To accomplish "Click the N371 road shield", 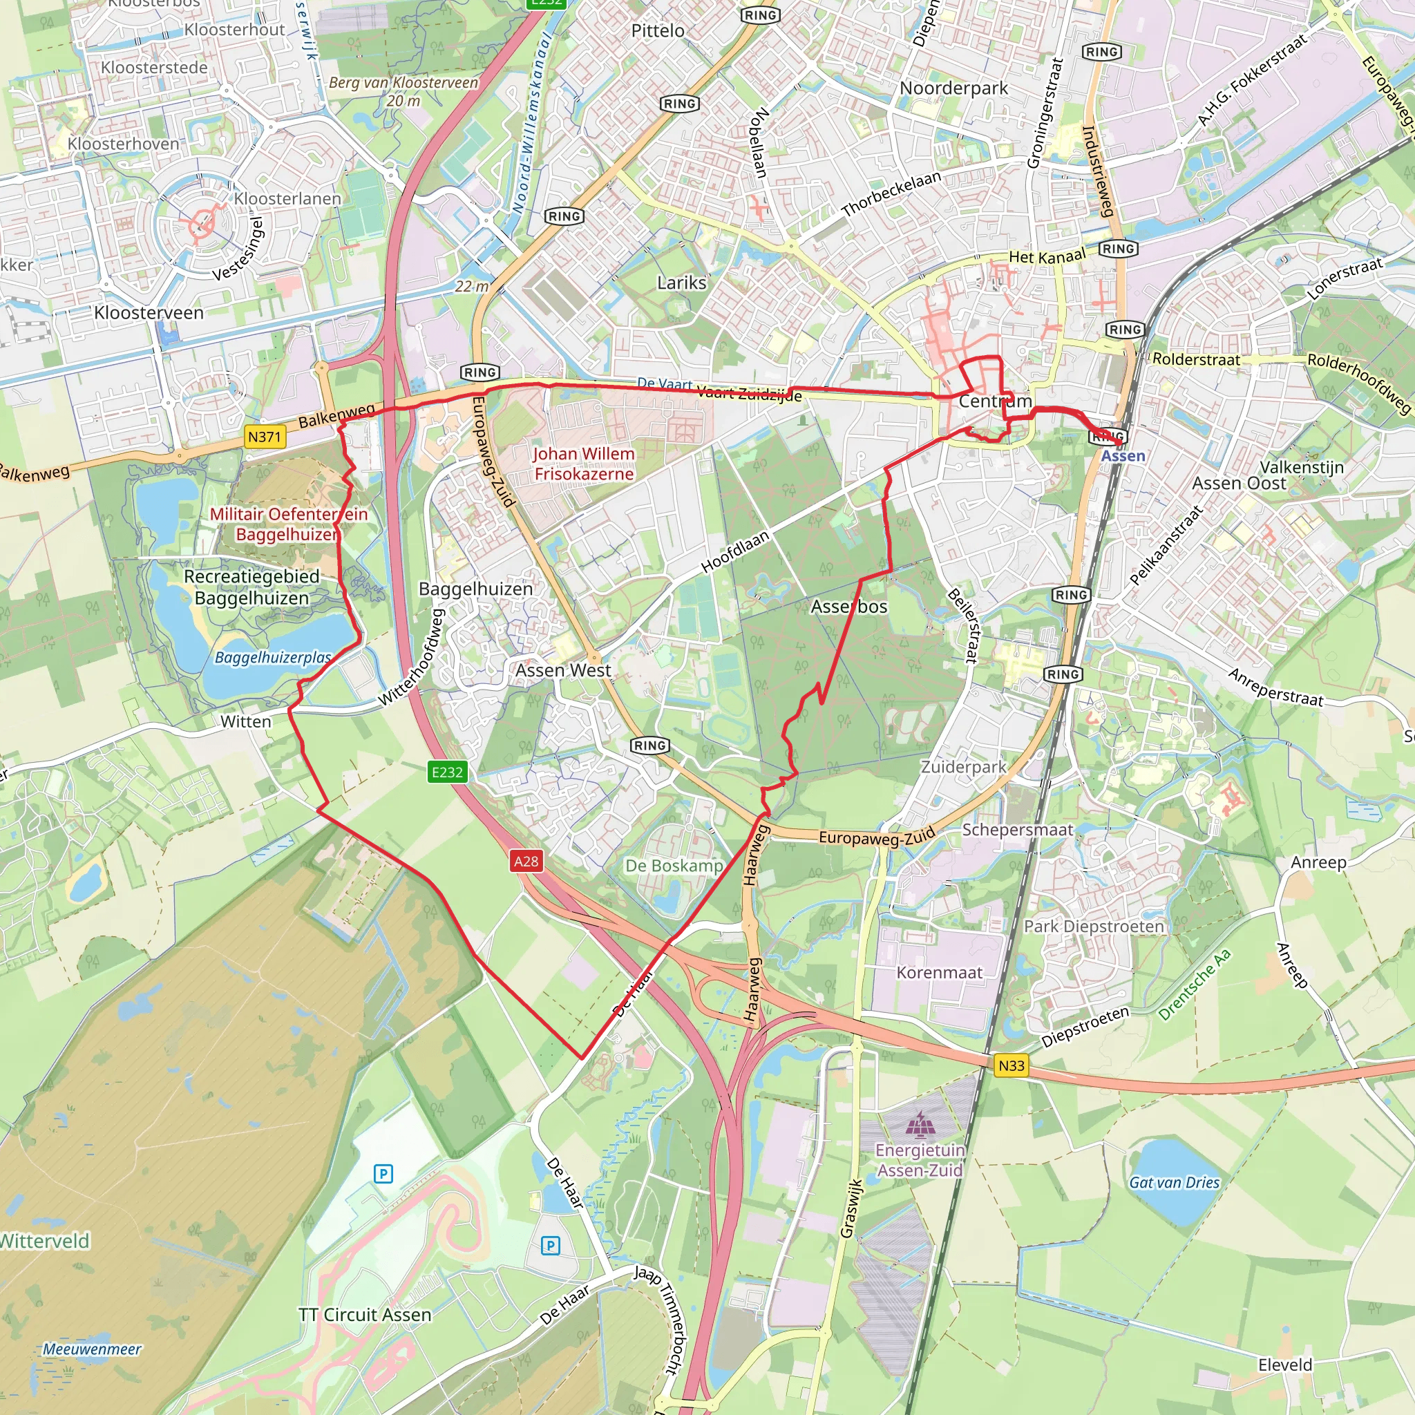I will [265, 437].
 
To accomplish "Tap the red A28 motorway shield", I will [526, 861].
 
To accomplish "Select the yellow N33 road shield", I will [1011, 1065].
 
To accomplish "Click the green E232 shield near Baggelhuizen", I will [448, 771].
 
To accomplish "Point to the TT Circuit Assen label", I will [365, 1315].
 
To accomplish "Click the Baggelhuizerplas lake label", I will [272, 658].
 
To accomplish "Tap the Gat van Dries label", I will [1174, 1182].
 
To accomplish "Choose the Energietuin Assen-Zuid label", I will [920, 1160].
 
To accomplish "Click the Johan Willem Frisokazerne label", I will [584, 464].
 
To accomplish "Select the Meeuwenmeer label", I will [92, 1349].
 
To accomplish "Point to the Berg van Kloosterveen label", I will [403, 91].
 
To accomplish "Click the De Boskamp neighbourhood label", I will [674, 866].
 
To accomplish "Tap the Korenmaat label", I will [940, 973].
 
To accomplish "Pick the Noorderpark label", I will [953, 88].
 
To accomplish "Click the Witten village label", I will [245, 721].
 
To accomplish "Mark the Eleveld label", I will [1285, 1365].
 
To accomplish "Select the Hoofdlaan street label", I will [734, 551].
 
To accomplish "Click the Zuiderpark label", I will [963, 767].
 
